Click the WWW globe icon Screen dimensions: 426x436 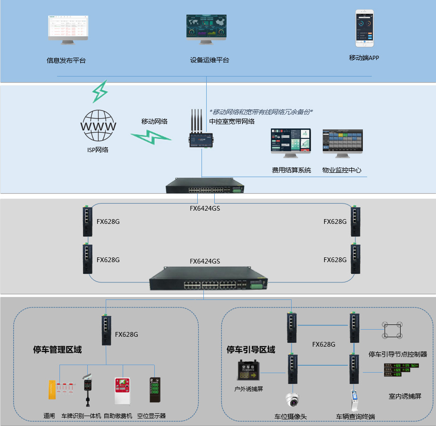pos(98,126)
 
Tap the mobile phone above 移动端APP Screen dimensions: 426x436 pos(364,28)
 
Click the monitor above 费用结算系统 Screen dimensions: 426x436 pos(291,142)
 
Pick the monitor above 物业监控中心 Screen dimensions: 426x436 pos(343,142)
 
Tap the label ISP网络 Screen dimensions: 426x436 pos(98,150)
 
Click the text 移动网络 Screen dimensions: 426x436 pos(154,121)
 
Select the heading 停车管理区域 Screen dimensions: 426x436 pos(57,350)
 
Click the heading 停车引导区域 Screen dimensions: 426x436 pos(251,350)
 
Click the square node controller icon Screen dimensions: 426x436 pos(392,330)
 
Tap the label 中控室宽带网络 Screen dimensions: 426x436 pos(232,121)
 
